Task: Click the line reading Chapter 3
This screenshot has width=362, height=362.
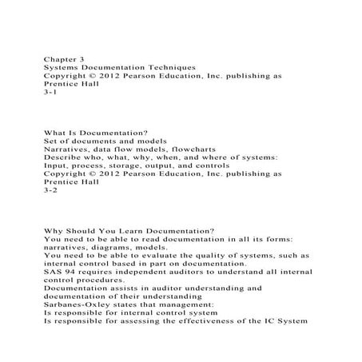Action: (65, 59)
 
